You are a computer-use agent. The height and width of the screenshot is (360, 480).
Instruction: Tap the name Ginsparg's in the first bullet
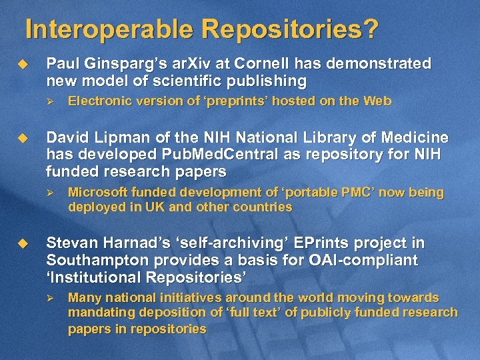click(113, 64)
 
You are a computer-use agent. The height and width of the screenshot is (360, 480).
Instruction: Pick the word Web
click(377, 101)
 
